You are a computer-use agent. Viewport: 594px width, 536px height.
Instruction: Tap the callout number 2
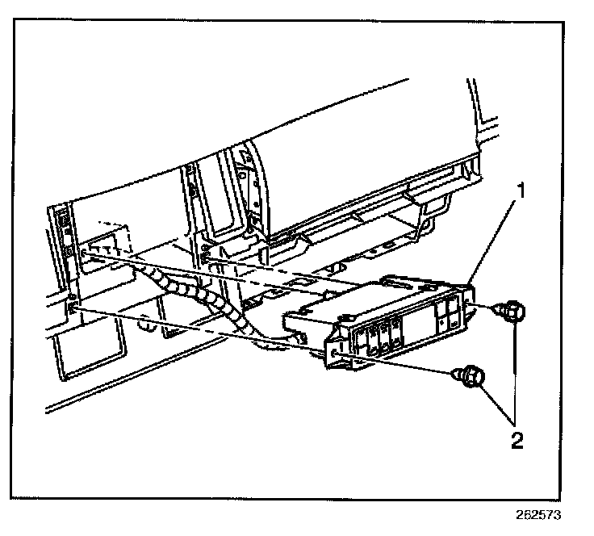[517, 441]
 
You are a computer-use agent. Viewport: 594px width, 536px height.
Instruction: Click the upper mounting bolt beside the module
[512, 311]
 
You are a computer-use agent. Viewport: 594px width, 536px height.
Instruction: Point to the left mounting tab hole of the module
[335, 354]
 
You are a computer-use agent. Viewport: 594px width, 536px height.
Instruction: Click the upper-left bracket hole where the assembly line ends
[84, 253]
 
